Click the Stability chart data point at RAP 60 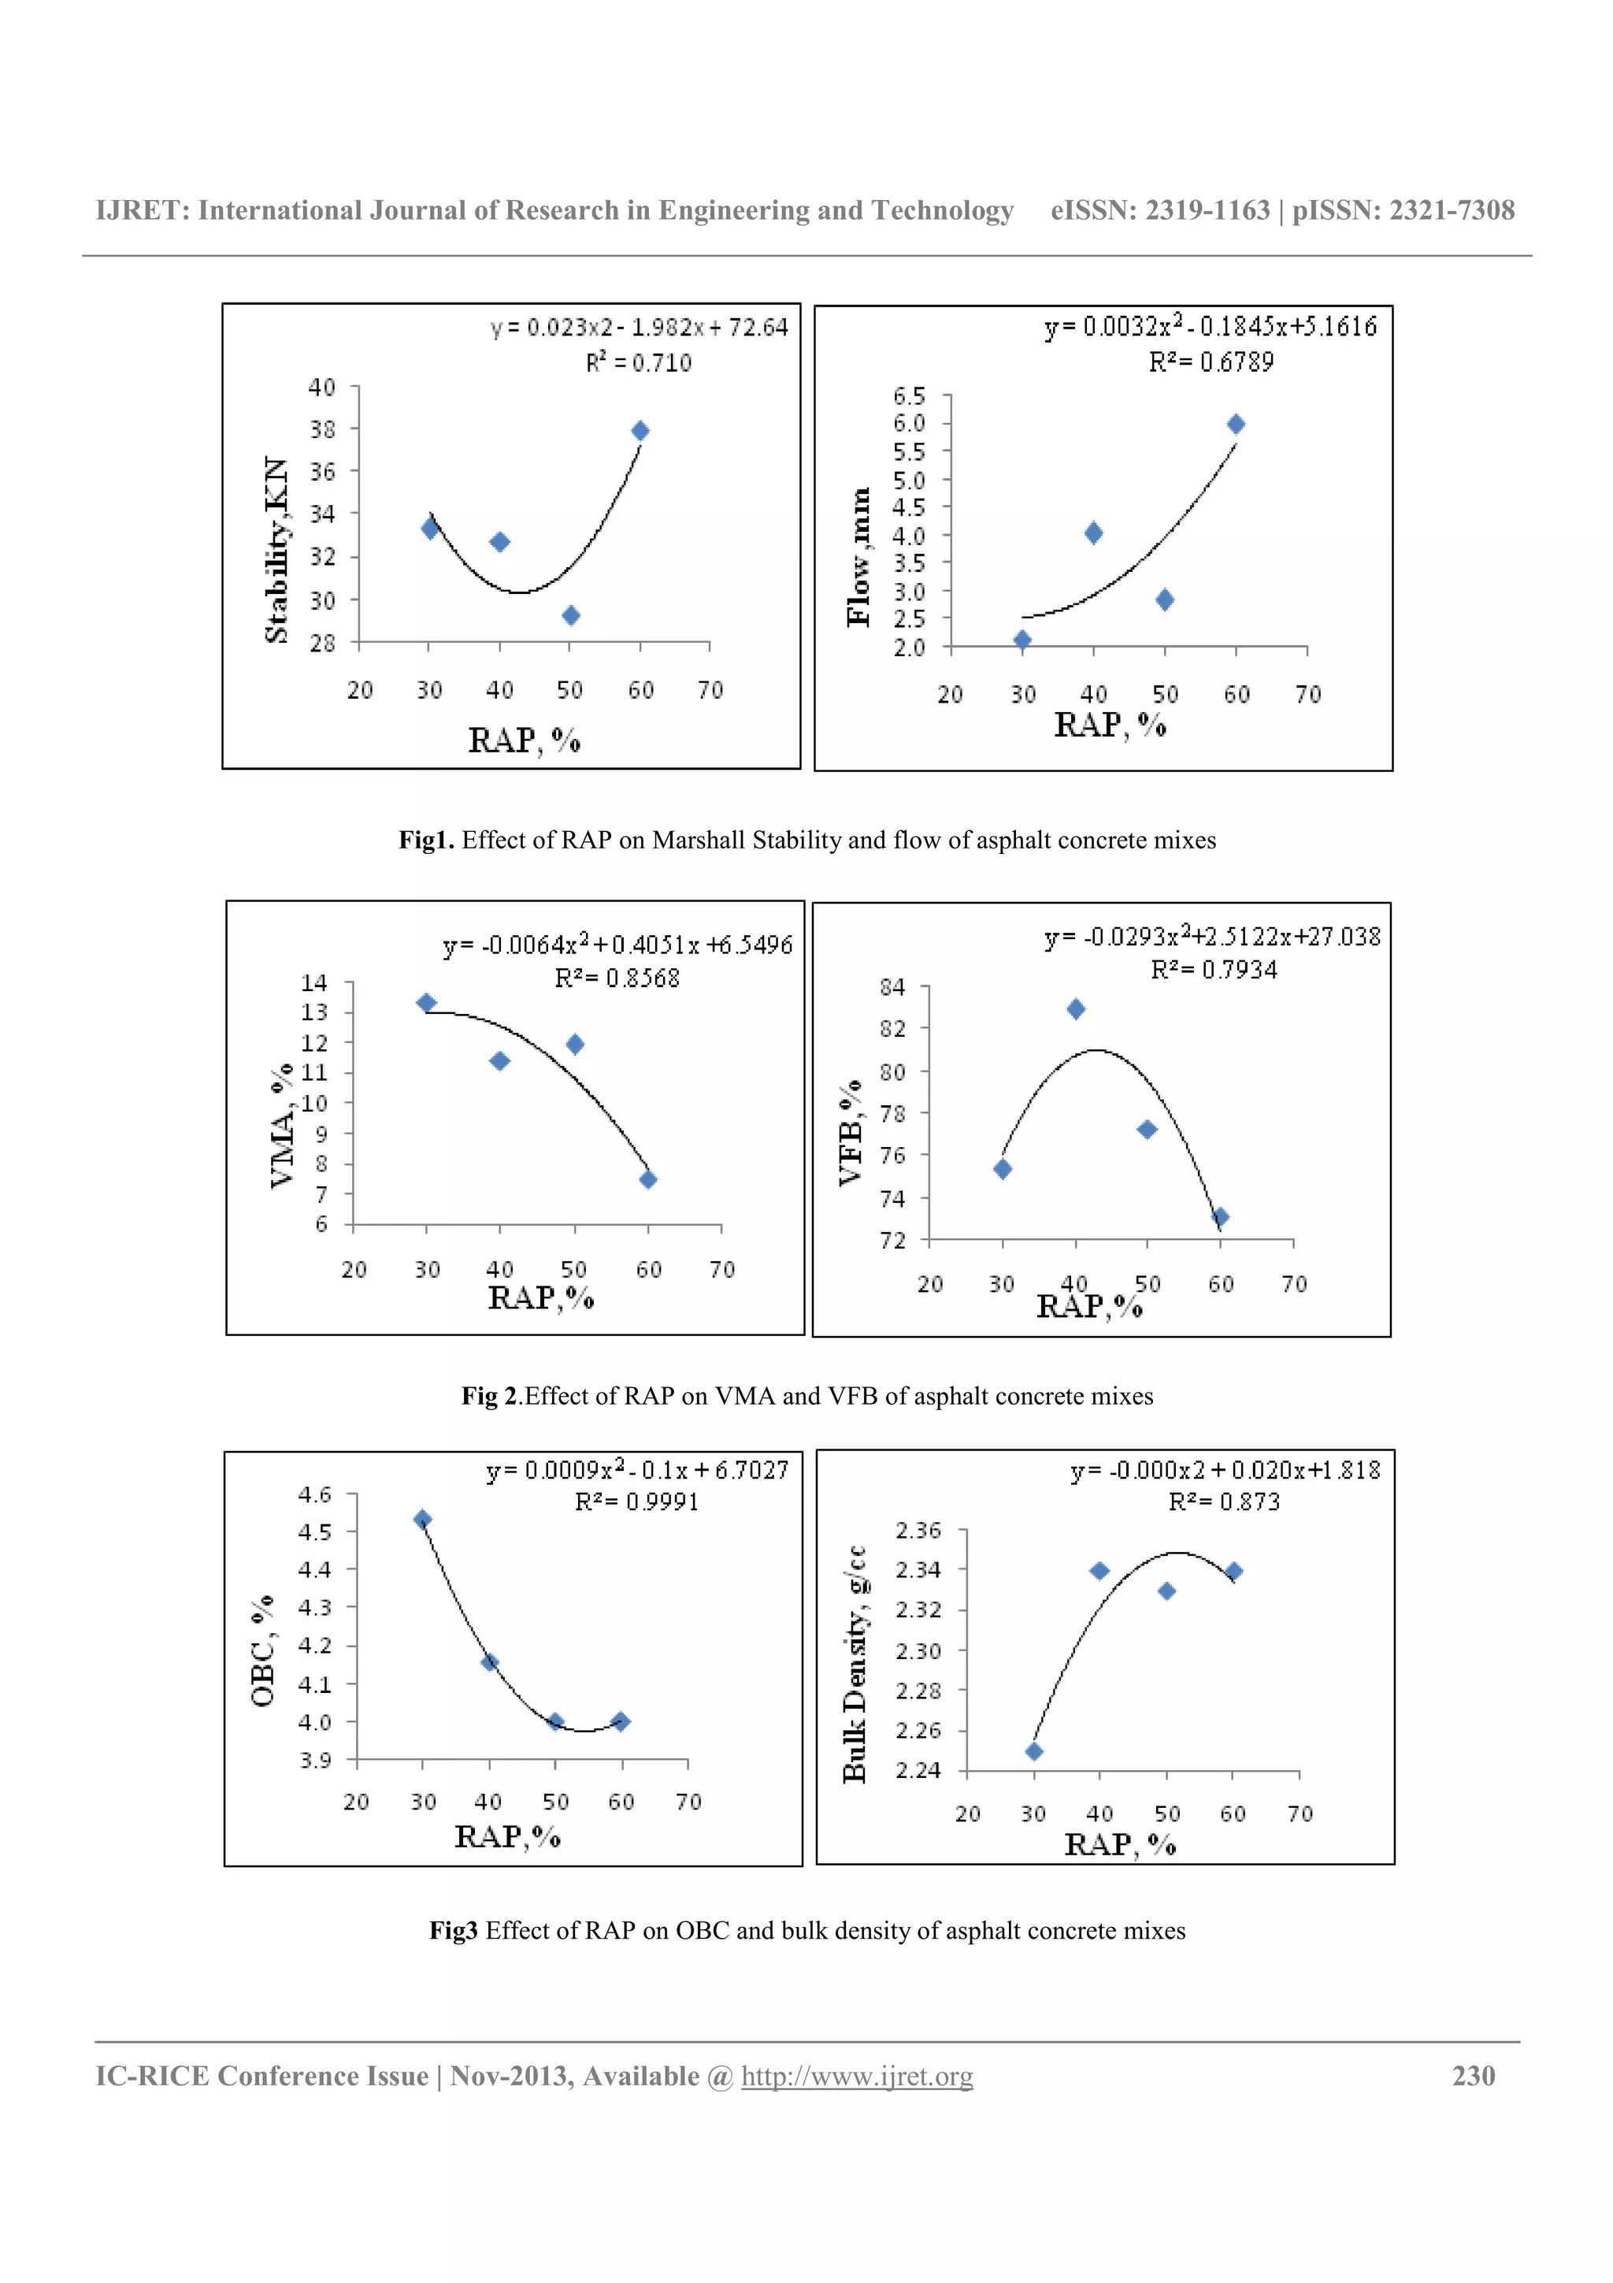click(x=640, y=431)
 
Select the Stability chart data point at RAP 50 click(x=570, y=615)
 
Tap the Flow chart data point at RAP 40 click(x=1093, y=533)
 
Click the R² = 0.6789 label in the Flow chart click(x=1211, y=362)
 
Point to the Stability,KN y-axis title click(x=276, y=549)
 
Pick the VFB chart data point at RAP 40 click(x=1075, y=1009)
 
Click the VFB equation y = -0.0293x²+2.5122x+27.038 click(x=1211, y=937)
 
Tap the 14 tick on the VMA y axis click(x=314, y=982)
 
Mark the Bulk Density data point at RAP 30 click(x=1033, y=1751)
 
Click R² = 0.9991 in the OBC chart click(x=636, y=1502)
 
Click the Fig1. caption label click(x=426, y=841)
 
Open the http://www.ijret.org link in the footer click(x=857, y=2076)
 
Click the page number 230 click(x=1473, y=2076)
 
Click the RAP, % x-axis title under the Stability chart click(x=524, y=741)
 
